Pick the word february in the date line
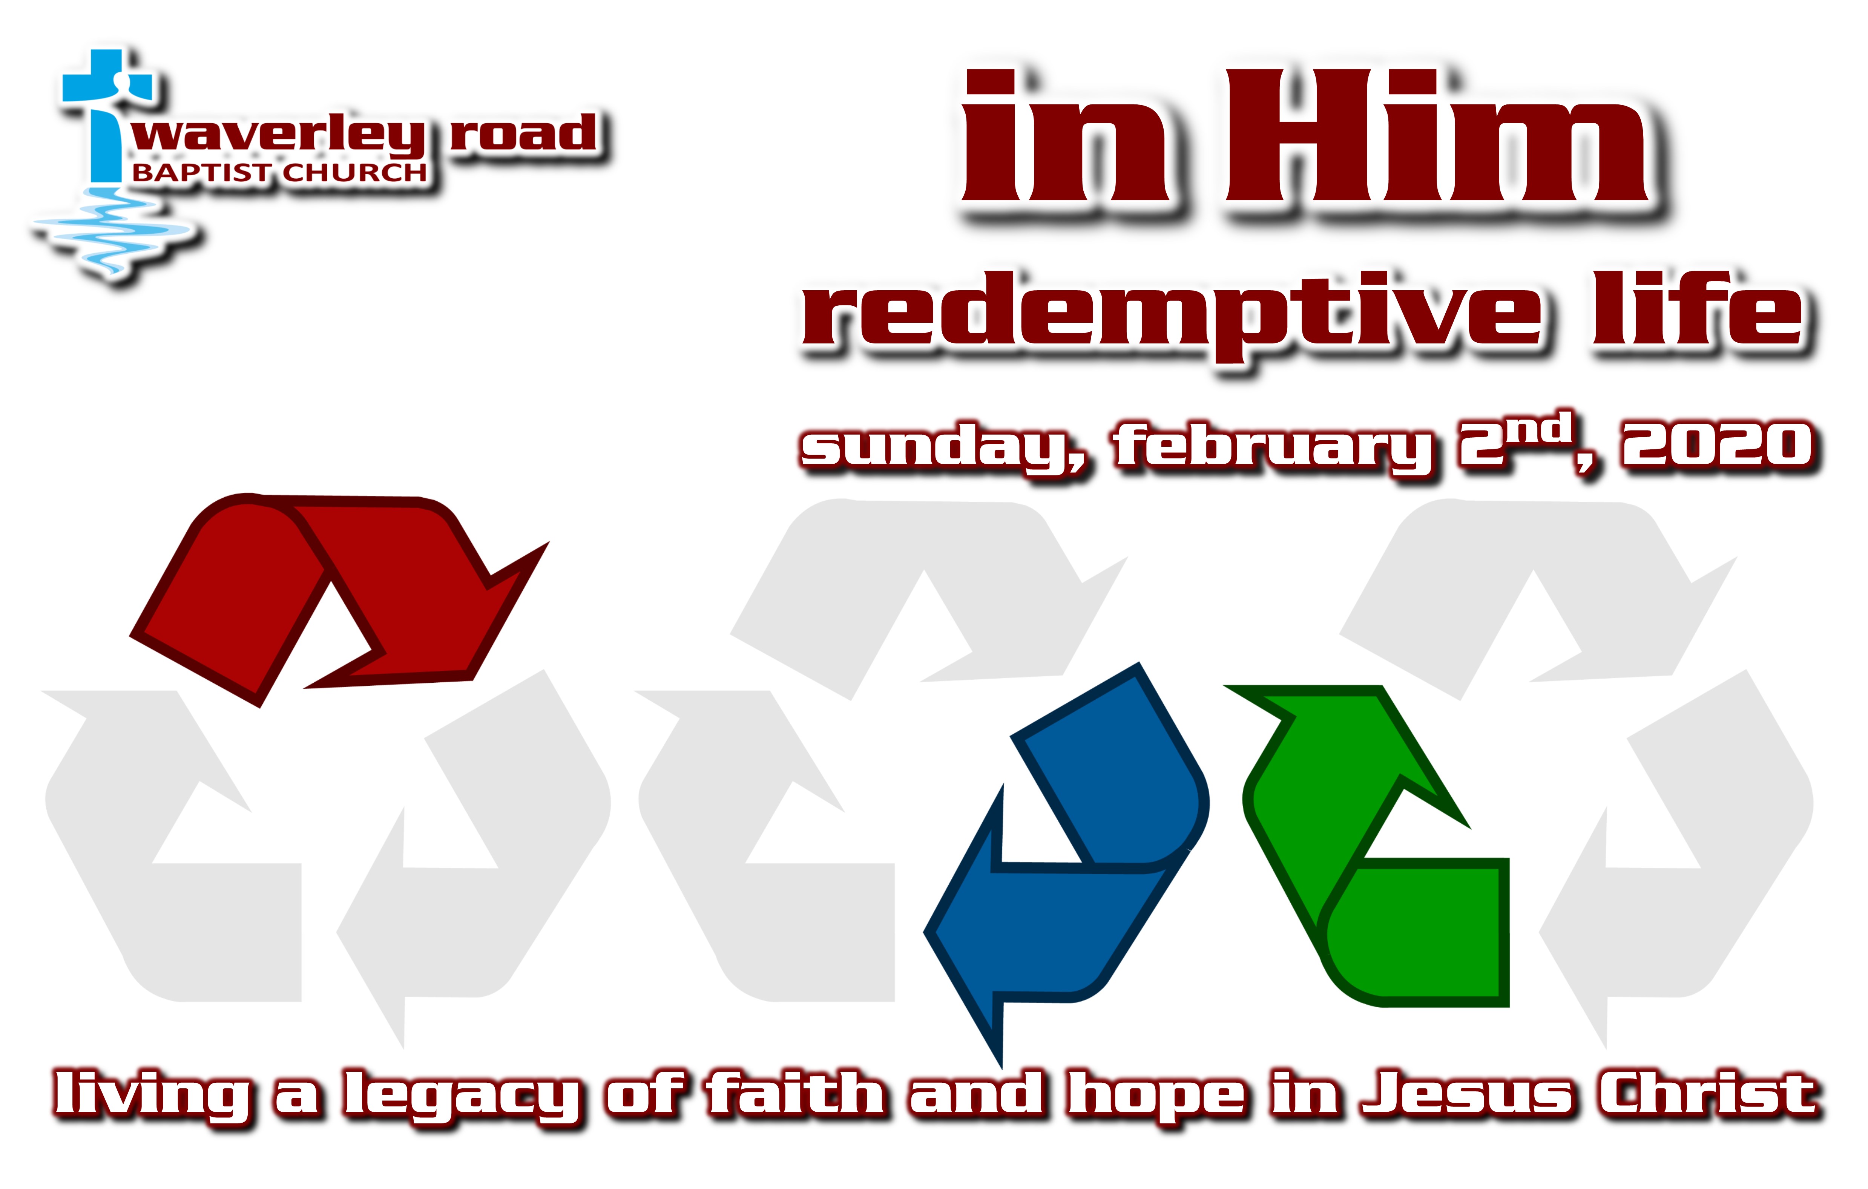pos(1272,448)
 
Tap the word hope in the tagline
pos(1156,1095)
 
